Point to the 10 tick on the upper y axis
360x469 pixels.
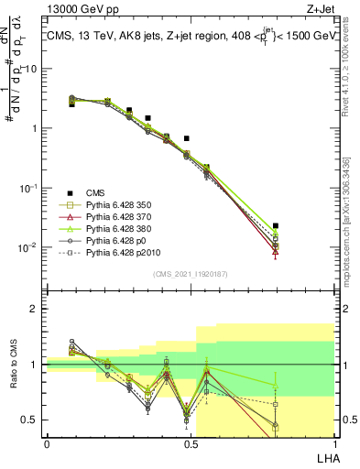(x=31, y=69)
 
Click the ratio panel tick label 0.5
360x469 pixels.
(x=29, y=420)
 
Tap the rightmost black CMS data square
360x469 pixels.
(x=276, y=225)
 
